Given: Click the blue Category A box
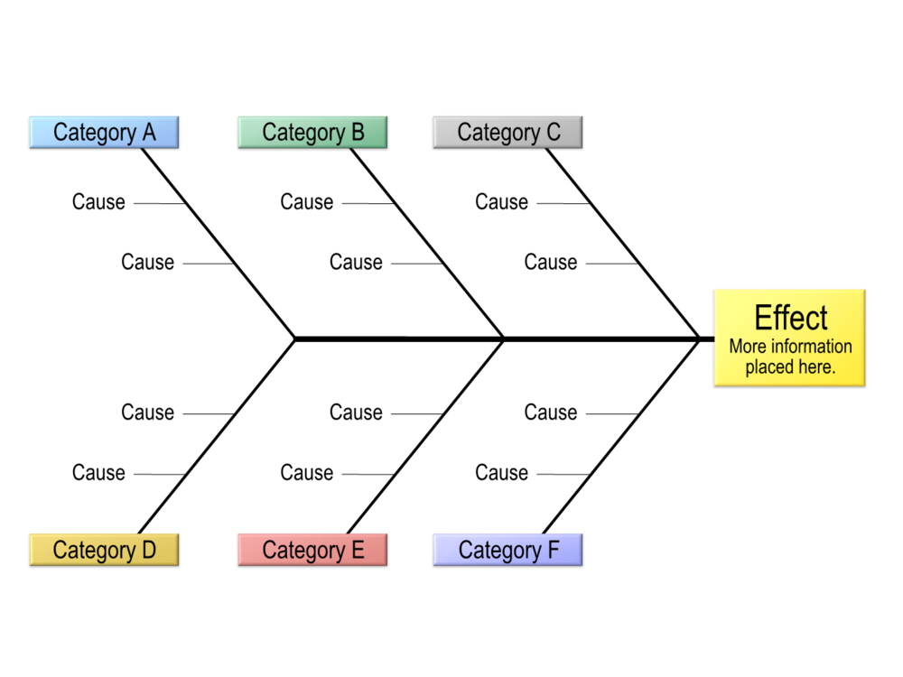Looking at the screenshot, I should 104,133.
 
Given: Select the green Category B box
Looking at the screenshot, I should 312,133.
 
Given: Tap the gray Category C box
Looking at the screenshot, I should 507,133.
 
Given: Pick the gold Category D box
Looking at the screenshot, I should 104,550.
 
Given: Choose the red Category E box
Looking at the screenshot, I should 312,550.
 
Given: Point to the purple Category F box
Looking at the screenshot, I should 507,550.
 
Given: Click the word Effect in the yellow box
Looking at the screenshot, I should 790,319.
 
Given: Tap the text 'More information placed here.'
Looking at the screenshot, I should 790,357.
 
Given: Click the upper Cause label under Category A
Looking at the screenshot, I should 98,202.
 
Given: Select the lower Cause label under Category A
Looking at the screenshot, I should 147,263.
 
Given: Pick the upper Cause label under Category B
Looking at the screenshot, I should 306,202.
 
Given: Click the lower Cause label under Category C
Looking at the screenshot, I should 550,263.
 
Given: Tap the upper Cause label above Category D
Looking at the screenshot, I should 147,413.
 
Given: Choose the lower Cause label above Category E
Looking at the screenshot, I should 306,473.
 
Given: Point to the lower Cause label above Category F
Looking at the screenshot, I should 501,473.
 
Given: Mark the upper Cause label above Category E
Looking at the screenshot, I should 356,413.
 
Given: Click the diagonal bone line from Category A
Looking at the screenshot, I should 219,243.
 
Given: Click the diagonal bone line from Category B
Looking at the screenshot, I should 426,243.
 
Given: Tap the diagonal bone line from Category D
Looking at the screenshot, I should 217,436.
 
